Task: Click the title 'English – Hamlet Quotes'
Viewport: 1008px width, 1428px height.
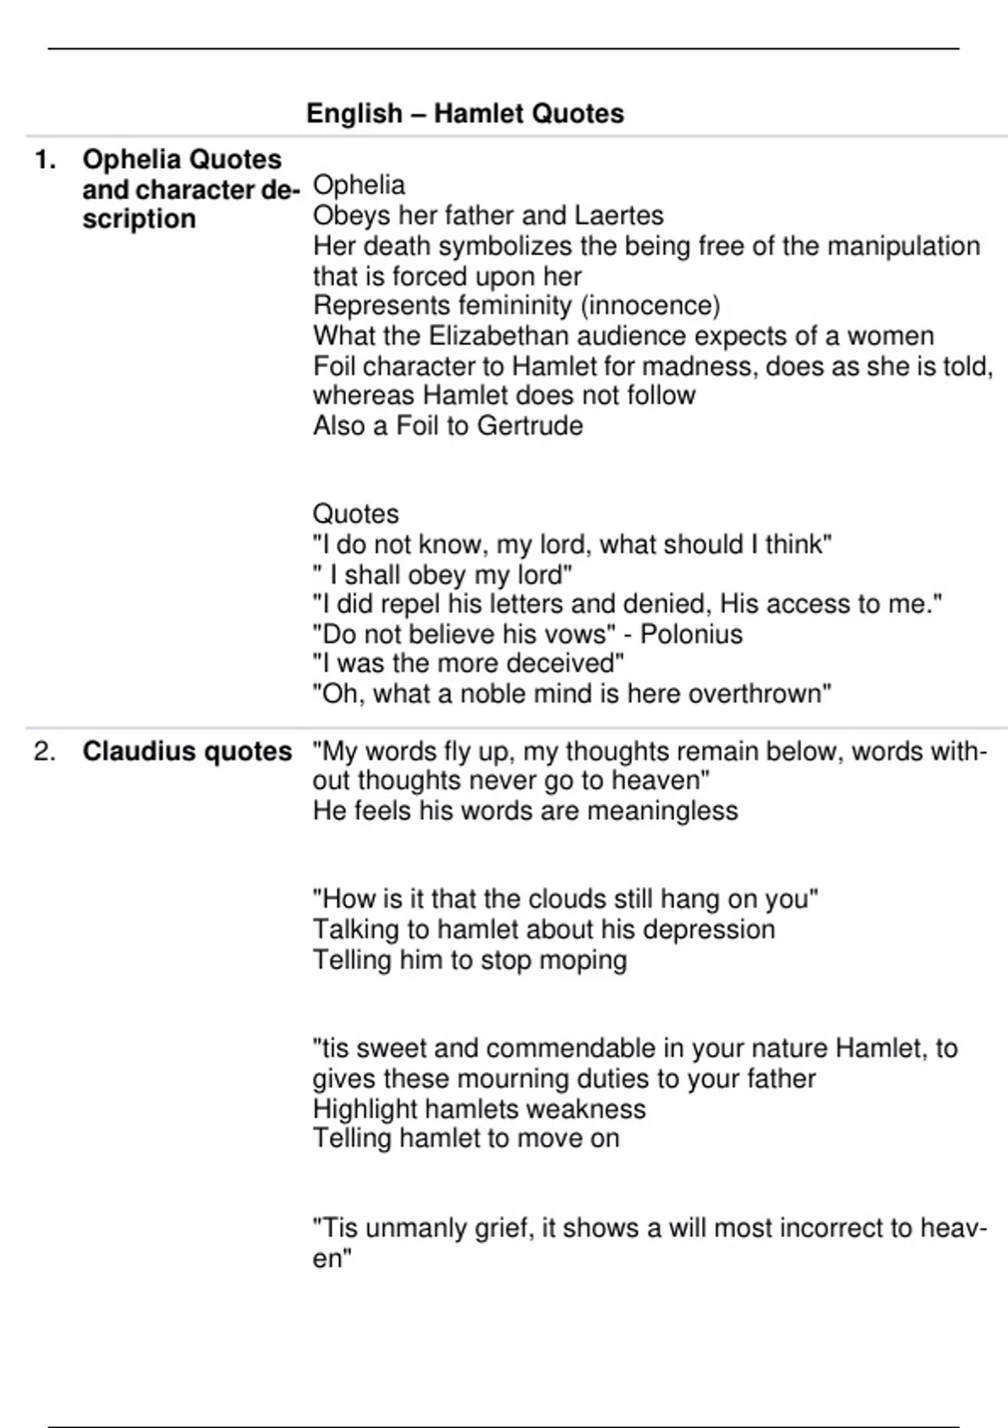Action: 465,113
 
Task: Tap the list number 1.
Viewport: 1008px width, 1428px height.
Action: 45,160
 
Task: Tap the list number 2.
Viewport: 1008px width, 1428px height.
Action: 45,751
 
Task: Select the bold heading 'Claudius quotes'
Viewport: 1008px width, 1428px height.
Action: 186,751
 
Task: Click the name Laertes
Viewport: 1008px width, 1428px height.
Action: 618,216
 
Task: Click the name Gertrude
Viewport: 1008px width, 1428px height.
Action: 529,426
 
